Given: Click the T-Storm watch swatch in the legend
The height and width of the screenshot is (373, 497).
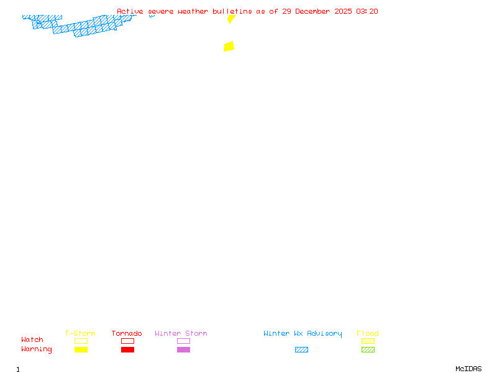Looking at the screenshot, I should (81, 341).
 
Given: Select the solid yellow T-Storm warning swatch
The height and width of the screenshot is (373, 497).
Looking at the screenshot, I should (81, 349).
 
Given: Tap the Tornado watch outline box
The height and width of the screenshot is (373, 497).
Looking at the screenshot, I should (127, 341).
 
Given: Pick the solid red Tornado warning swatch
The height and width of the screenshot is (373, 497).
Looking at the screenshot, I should (127, 349).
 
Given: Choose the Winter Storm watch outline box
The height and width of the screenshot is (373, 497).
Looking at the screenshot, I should (183, 341).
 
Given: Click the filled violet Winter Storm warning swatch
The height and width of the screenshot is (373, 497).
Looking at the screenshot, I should (183, 349).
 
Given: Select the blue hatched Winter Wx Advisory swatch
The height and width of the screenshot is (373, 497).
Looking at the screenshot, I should (301, 349).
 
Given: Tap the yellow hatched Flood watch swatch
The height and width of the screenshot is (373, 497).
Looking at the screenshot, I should (368, 341).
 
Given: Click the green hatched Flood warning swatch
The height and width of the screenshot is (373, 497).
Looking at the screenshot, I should (368, 349).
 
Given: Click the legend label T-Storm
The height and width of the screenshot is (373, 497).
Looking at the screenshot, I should (80, 333).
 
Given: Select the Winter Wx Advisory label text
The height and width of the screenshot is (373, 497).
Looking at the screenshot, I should (303, 333).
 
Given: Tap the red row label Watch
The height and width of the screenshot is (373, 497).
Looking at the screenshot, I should (32, 339).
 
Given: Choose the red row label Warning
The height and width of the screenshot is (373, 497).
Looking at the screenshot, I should (37, 349).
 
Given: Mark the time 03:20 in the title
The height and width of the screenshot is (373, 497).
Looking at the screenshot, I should (367, 11).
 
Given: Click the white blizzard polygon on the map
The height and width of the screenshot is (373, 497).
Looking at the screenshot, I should (78, 20).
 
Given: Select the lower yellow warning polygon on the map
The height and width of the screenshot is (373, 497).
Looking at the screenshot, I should (229, 46).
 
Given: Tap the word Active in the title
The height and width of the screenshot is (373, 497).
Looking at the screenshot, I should (130, 11).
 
